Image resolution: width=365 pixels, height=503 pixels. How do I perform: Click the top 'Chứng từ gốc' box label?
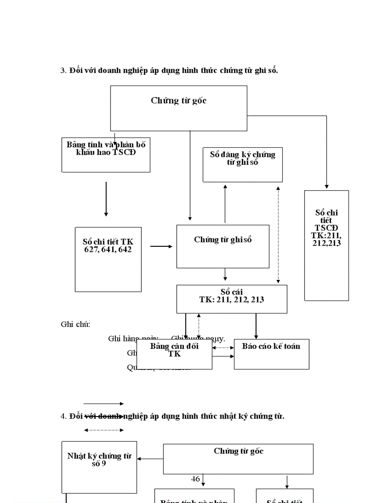tap(178, 101)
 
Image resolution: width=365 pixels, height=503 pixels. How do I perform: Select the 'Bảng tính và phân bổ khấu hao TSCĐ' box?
tap(106, 155)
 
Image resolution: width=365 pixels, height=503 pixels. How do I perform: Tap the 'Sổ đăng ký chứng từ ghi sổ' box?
tap(242, 164)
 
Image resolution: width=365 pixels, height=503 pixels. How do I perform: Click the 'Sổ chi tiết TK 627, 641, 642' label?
tap(108, 246)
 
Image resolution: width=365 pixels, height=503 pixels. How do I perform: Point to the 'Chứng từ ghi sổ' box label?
tap(223, 240)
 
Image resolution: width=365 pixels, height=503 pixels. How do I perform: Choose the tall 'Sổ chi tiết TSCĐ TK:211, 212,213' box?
tap(327, 245)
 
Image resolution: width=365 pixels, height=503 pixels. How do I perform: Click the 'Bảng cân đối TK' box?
tap(174, 354)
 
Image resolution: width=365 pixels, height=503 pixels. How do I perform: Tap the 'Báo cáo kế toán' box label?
tap(271, 346)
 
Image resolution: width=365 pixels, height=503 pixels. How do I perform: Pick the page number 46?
tap(195, 479)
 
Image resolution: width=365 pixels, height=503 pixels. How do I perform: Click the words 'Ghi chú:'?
tap(76, 324)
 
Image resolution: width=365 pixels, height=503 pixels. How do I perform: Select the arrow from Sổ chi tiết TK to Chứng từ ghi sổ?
tap(161, 246)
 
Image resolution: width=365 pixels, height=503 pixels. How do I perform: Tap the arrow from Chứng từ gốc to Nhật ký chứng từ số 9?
tap(150, 459)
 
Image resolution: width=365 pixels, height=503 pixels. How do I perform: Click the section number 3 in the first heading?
tap(63, 70)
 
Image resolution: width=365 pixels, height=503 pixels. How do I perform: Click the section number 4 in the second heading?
tap(63, 416)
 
